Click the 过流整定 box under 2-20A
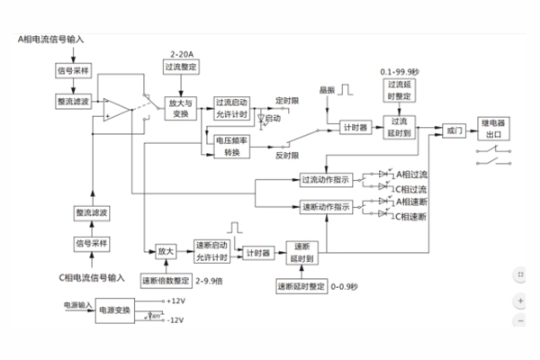pyautogui.click(x=182, y=67)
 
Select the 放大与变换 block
pyautogui.click(x=184, y=110)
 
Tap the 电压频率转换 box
pyautogui.click(x=232, y=146)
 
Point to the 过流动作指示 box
pyautogui.click(x=326, y=179)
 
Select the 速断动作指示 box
pyautogui.click(x=326, y=207)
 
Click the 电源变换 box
pyautogui.click(x=114, y=310)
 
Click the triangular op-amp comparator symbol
pyautogui.click(x=115, y=110)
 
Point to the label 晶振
pyautogui.click(x=326, y=91)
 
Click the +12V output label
pyautogui.click(x=175, y=300)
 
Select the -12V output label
pyautogui.click(x=175, y=319)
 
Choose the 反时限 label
pyautogui.click(x=286, y=156)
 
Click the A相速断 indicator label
pyautogui.click(x=411, y=203)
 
